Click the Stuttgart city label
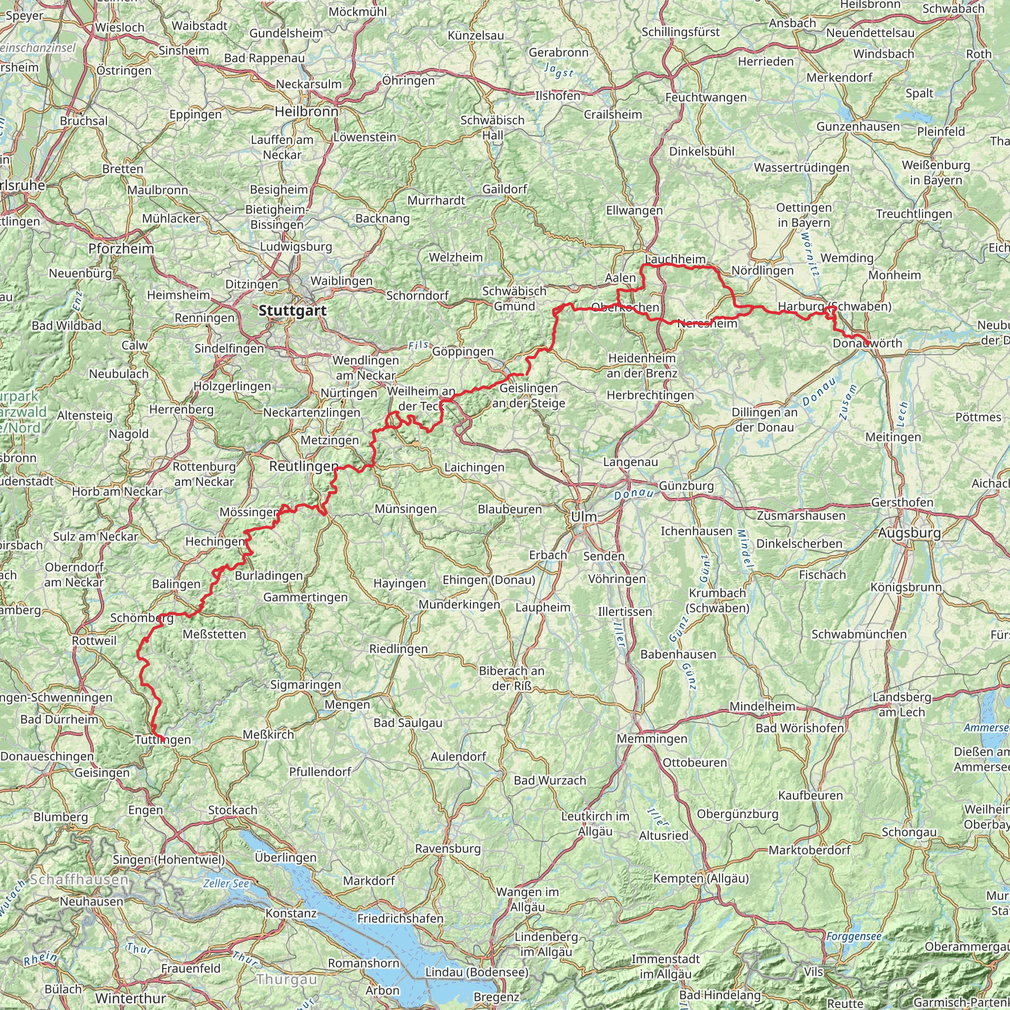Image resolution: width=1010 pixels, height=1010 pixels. [292, 311]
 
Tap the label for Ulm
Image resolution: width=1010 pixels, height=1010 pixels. [583, 516]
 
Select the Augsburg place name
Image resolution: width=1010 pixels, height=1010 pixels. [909, 533]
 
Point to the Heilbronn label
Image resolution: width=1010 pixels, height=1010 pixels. [306, 111]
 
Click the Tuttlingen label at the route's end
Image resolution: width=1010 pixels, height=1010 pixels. [163, 740]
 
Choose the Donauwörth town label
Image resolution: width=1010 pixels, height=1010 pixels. [867, 343]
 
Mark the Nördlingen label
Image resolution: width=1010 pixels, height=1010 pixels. [762, 271]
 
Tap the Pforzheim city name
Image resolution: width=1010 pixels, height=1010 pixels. [121, 249]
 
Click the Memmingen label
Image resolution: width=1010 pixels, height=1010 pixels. [652, 739]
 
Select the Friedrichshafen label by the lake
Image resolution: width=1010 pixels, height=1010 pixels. [400, 918]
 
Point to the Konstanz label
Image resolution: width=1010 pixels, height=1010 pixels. [291, 913]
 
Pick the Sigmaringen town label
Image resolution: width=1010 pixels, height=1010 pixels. [306, 685]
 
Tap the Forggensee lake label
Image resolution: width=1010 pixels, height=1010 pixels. [854, 937]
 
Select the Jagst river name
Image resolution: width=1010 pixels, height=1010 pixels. [559, 71]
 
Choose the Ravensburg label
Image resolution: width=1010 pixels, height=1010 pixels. [448, 848]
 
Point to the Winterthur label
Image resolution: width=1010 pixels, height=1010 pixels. [131, 998]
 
